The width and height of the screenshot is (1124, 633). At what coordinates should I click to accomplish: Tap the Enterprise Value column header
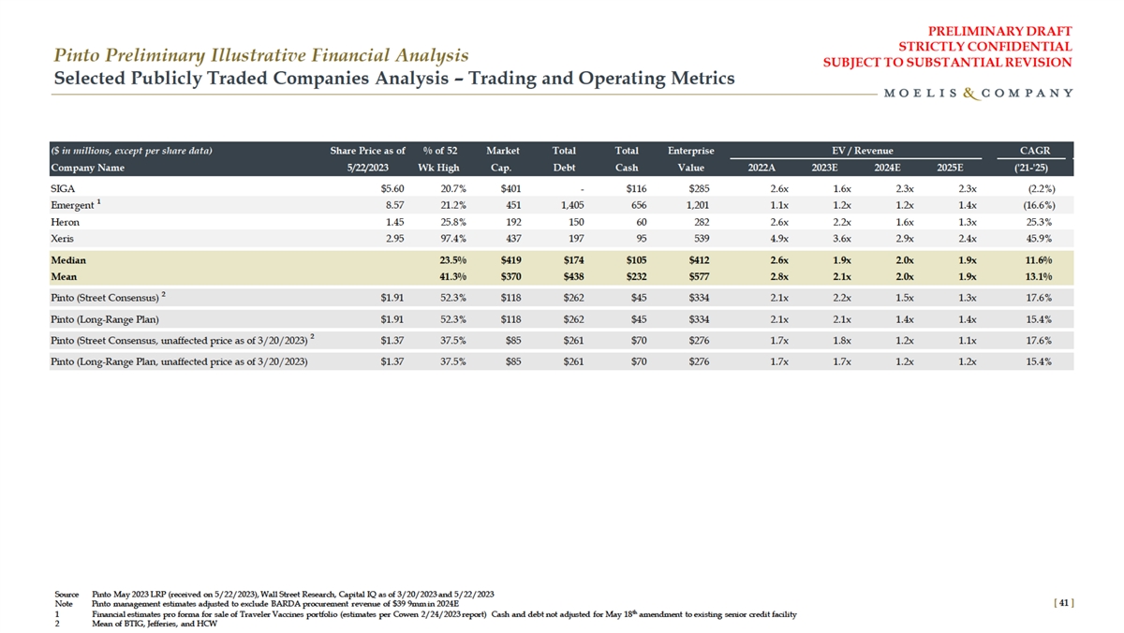691,159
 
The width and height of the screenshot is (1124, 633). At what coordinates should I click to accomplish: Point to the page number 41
1061,604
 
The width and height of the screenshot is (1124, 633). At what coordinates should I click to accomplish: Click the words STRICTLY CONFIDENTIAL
984,46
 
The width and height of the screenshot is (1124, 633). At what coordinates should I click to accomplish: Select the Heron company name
65,222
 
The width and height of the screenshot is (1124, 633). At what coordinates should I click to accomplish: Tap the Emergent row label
72,205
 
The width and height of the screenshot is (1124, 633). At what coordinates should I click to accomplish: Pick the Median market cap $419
506,260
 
